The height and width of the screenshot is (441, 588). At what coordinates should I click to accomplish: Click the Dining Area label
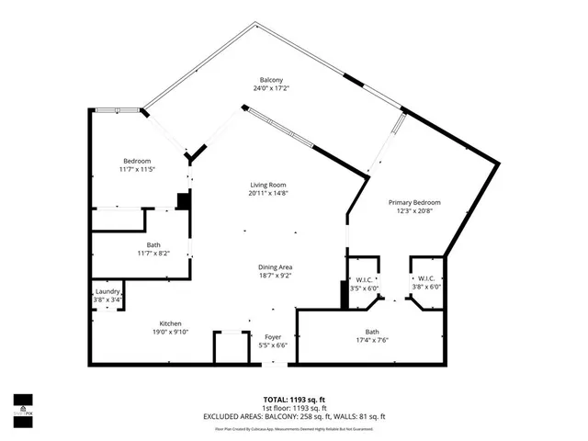click(x=275, y=267)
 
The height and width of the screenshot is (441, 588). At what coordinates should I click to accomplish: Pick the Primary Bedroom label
click(x=413, y=202)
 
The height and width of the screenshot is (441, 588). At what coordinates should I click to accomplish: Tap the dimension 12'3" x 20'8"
click(x=413, y=211)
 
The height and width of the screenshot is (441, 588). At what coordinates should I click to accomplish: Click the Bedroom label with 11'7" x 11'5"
click(x=138, y=161)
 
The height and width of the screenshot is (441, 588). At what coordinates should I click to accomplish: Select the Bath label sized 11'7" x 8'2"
click(x=153, y=244)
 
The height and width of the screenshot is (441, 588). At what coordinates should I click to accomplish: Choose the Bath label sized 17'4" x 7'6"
click(x=371, y=332)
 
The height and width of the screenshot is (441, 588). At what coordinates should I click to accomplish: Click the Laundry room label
click(x=107, y=291)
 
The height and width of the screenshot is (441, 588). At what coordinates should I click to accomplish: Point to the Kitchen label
click(x=170, y=324)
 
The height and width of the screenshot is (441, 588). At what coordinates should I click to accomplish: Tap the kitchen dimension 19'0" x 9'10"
click(x=170, y=334)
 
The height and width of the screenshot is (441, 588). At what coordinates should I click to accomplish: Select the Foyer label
click(x=275, y=337)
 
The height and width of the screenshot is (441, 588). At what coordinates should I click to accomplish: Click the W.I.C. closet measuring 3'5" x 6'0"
click(x=363, y=278)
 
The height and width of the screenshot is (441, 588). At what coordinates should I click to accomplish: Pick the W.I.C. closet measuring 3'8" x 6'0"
click(x=426, y=278)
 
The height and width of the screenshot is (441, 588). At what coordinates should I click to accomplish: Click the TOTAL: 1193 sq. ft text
click(x=294, y=399)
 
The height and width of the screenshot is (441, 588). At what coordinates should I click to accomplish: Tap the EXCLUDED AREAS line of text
click(x=294, y=416)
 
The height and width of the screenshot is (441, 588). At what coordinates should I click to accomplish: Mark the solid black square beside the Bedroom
click(x=183, y=201)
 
